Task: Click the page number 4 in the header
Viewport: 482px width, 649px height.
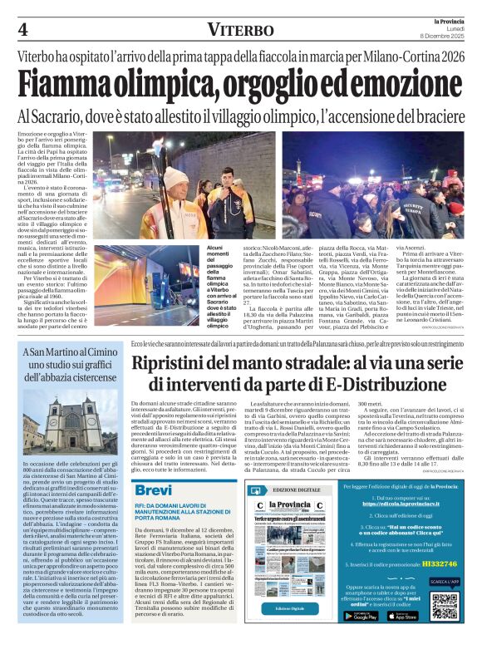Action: pyautogui.click(x=23, y=30)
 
